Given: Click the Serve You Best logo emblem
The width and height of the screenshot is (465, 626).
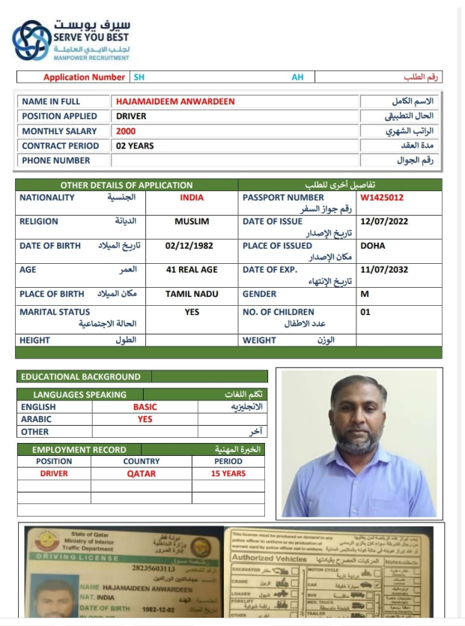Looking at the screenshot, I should [31, 40].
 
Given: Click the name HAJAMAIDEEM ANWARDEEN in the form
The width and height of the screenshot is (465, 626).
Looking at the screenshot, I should [174, 101].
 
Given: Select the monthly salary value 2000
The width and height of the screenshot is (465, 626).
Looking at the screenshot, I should [126, 131].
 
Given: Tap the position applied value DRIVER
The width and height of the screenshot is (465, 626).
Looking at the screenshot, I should [131, 116].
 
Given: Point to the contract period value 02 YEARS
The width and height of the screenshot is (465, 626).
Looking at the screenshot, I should [135, 145].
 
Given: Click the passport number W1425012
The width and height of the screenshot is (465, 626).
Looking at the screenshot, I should [382, 198].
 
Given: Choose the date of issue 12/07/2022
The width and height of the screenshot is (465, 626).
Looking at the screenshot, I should [383, 222].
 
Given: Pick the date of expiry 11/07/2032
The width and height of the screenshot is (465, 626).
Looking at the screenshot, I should [383, 270].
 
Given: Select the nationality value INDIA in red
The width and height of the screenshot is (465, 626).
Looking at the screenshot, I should [192, 198].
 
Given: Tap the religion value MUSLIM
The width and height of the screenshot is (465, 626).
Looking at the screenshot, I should [192, 222].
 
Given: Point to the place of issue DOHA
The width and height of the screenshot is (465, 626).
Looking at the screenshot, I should [373, 246].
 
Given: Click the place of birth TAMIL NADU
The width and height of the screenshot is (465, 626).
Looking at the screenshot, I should [192, 294].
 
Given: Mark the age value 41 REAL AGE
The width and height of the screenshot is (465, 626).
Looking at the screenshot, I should [192, 270].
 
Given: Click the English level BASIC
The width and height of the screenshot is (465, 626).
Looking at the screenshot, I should [145, 407].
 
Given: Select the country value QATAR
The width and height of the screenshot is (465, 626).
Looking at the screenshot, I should [141, 474].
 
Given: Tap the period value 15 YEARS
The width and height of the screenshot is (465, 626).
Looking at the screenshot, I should [228, 474].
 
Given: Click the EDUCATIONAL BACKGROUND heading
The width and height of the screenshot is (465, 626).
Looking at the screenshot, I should [80, 376].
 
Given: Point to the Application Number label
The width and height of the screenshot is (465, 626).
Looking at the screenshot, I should [84, 77].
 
